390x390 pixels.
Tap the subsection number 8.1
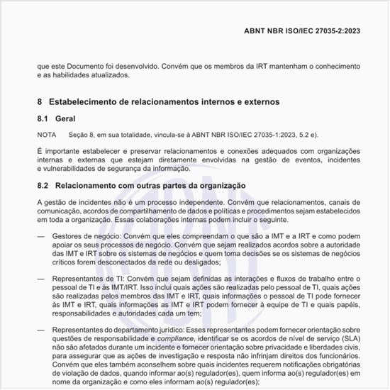click(x=43, y=118)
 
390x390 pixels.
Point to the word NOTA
click(x=47, y=134)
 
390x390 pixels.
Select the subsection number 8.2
click(x=43, y=186)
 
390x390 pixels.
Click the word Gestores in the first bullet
click(x=69, y=235)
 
